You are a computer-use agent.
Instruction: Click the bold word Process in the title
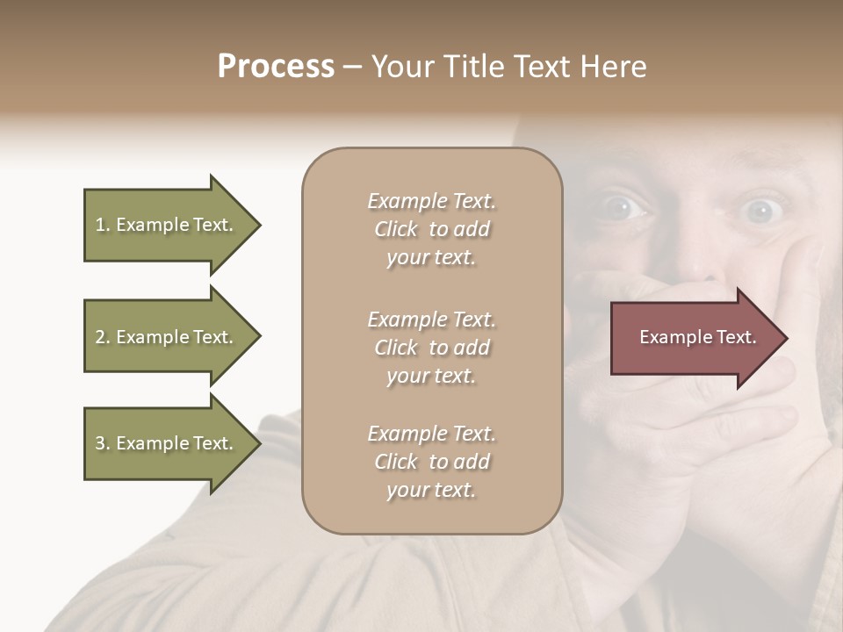276,67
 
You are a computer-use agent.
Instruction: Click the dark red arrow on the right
694,338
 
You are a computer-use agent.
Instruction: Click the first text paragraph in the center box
431,229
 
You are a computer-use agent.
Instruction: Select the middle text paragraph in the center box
431,348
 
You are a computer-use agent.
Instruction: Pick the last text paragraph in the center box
431,462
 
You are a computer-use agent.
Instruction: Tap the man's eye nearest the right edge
760,211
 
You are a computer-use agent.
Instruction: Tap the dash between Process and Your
352,68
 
